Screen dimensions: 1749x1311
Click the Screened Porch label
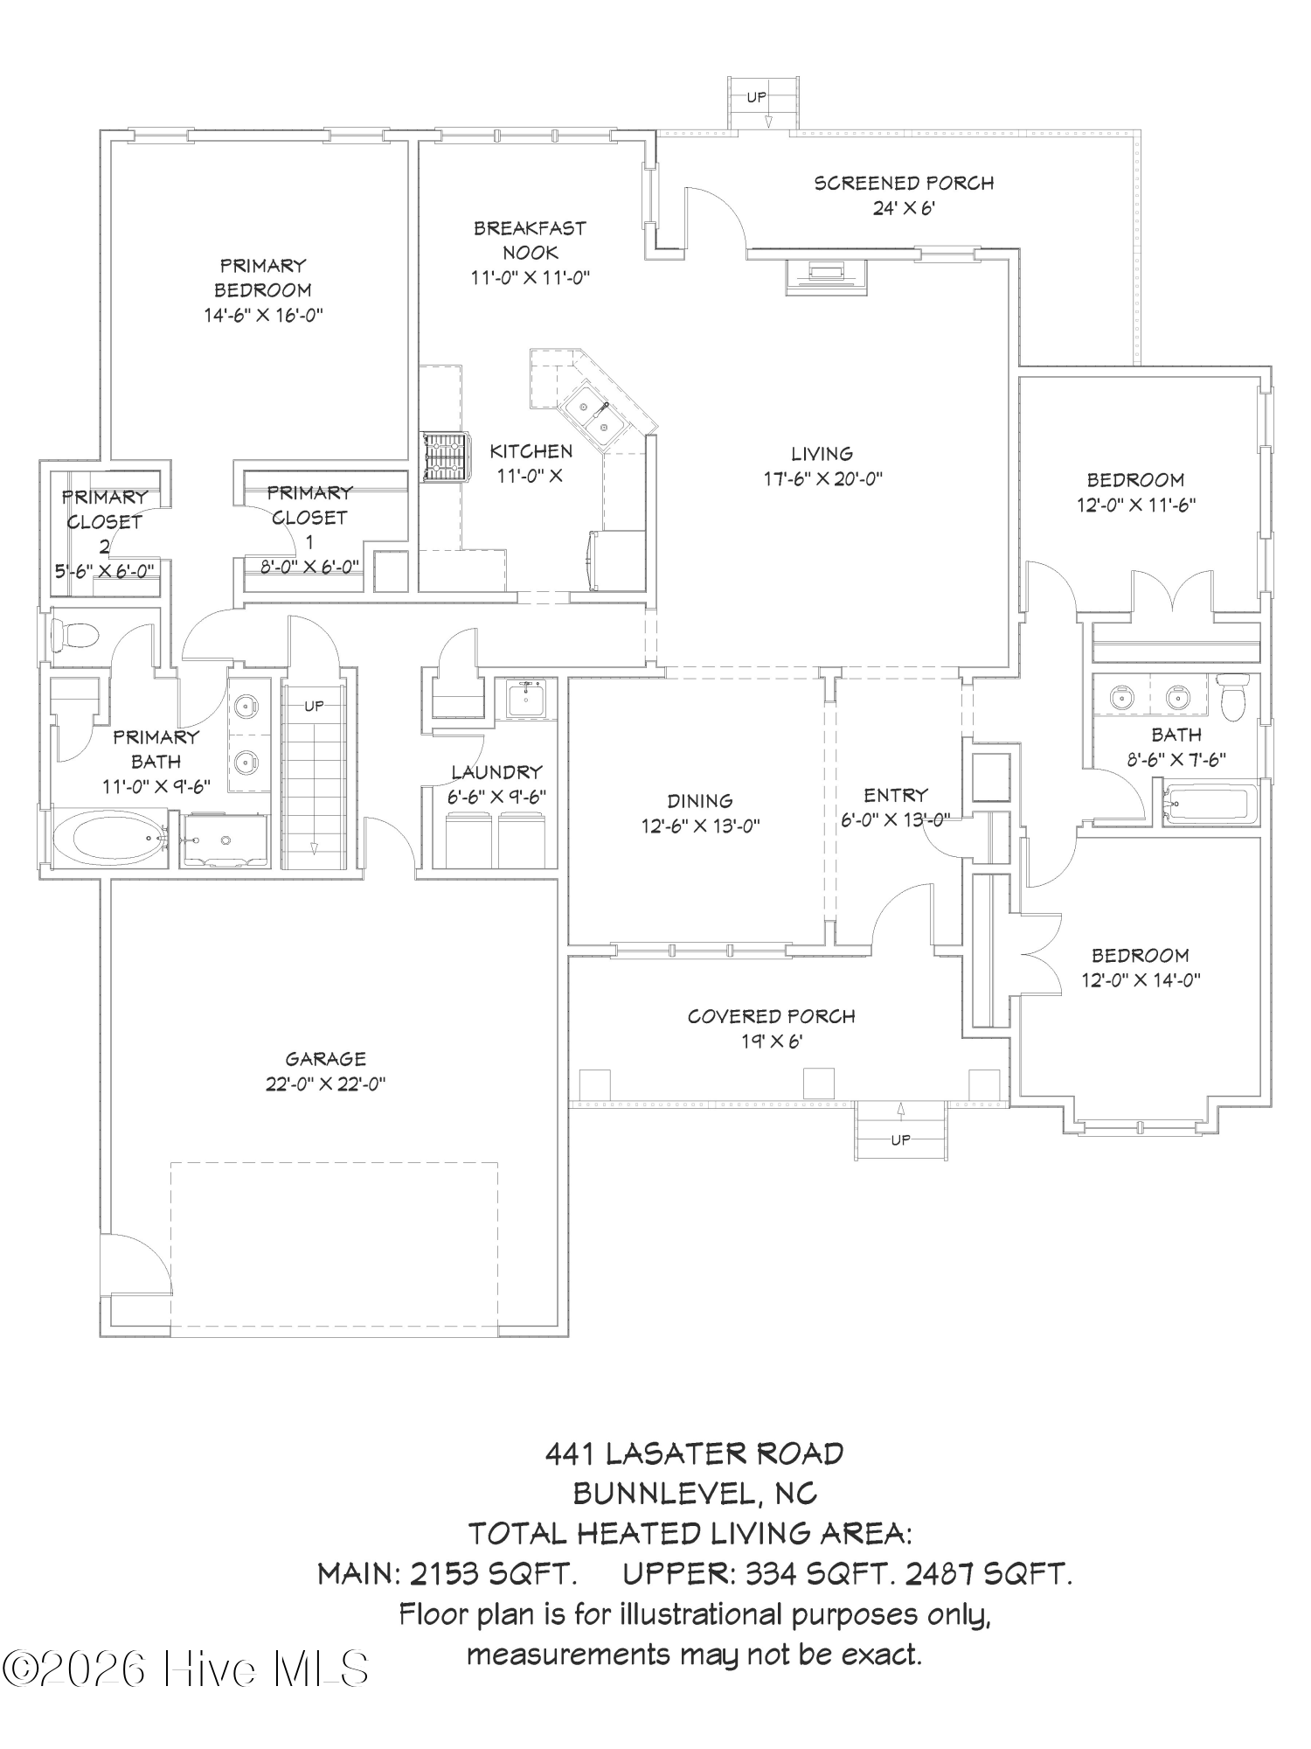pyautogui.click(x=904, y=184)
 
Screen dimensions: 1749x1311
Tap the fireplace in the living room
pyautogui.click(x=827, y=275)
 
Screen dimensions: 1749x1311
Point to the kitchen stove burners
pyautogui.click(x=445, y=456)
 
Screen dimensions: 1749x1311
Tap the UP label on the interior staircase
pyautogui.click(x=314, y=706)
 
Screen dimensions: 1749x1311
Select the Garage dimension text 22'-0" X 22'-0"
pyautogui.click(x=325, y=1084)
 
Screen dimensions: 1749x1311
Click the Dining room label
pyautogui.click(x=699, y=801)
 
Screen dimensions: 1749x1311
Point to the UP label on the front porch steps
pyautogui.click(x=900, y=1139)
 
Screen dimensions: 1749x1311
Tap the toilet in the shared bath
pyautogui.click(x=1233, y=697)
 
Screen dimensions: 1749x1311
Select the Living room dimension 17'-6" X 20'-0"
pyautogui.click(x=822, y=479)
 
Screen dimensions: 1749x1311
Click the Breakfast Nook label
pyautogui.click(x=530, y=240)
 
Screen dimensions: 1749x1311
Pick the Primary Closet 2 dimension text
pyautogui.click(x=103, y=571)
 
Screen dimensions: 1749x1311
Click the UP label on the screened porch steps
pyautogui.click(x=756, y=98)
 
